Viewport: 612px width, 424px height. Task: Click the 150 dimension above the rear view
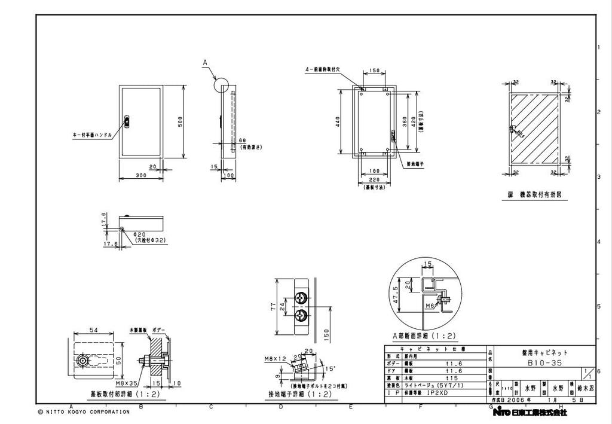point(374,71)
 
